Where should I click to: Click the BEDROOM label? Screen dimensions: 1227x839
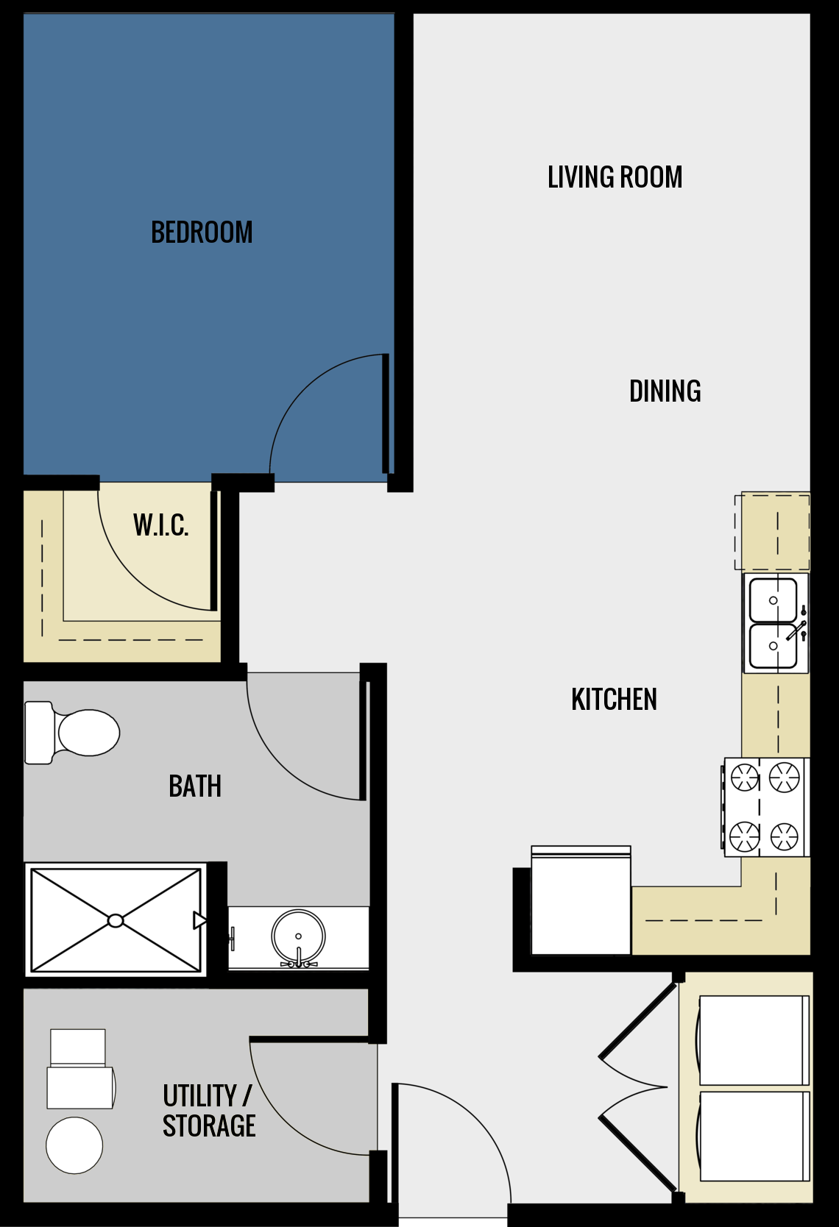click(x=202, y=232)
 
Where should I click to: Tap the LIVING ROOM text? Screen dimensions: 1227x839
click(x=615, y=177)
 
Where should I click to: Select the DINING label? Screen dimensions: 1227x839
click(x=665, y=391)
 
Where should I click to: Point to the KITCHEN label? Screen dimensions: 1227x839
click(x=614, y=700)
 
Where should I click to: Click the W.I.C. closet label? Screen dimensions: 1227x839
click(x=160, y=525)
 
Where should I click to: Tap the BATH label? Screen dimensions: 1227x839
click(x=195, y=786)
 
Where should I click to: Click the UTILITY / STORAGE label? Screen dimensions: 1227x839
click(x=209, y=1111)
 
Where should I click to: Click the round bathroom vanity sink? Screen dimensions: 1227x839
click(x=298, y=936)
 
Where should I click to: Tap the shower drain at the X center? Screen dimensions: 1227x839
click(x=116, y=920)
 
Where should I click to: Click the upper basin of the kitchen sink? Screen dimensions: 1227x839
click(x=773, y=600)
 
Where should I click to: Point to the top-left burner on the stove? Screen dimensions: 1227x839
click(x=744, y=777)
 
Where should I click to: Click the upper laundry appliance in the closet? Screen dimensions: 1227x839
click(x=753, y=1040)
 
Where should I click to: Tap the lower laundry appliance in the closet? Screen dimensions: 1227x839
click(x=753, y=1136)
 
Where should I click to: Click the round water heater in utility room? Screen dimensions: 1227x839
click(x=74, y=1145)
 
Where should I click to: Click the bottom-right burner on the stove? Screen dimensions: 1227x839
click(x=784, y=836)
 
